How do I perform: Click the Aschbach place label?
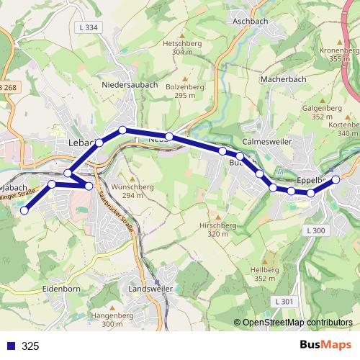[x=251, y=22]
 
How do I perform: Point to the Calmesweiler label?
[x=267, y=142]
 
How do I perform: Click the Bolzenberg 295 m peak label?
[x=181, y=91]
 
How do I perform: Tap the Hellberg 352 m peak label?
[x=265, y=274]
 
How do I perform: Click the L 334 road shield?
[x=87, y=27]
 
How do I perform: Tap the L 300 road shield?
[x=315, y=230]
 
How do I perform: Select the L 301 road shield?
[x=284, y=300]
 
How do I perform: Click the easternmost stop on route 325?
[x=336, y=169]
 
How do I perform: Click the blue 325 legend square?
[x=10, y=346]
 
